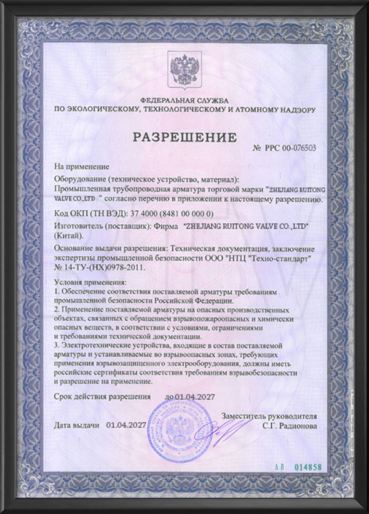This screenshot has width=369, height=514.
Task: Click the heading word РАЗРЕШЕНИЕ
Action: point(184,135)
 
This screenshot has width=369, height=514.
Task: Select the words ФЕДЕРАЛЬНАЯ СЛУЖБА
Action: point(184,100)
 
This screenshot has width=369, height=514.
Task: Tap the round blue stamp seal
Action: point(175,437)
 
